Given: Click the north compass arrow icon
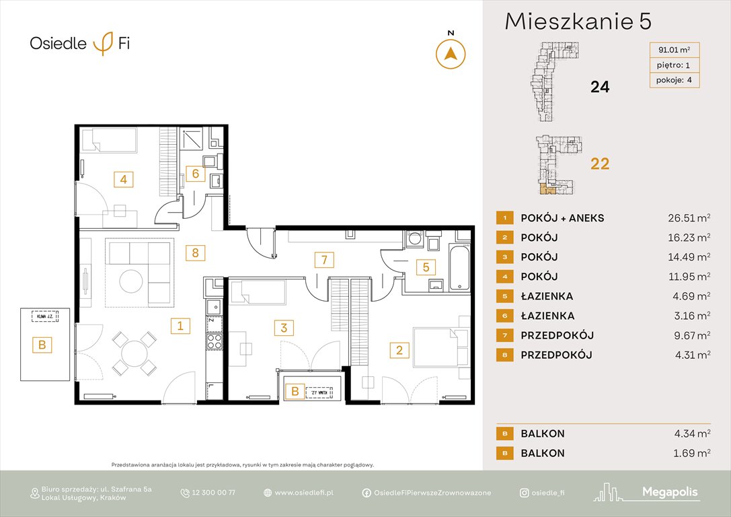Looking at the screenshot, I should coord(451,53).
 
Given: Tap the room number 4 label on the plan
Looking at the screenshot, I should coord(123,180).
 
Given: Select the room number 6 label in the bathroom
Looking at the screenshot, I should coord(195,174).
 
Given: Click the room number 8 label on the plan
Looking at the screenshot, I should coord(195,253).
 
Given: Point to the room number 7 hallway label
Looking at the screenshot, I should coord(323,259).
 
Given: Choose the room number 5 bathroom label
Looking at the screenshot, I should coord(425,267).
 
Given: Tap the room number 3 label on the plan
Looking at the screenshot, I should coord(284,328).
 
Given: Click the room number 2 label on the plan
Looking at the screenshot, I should coord(399,349).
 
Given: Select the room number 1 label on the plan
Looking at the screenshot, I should coord(180,326).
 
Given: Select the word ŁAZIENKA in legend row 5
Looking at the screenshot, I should coord(547,296).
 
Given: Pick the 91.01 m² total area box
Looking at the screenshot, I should coord(674,49).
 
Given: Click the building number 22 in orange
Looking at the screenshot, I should coord(599,164).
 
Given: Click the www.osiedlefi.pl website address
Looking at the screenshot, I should coord(304,493).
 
